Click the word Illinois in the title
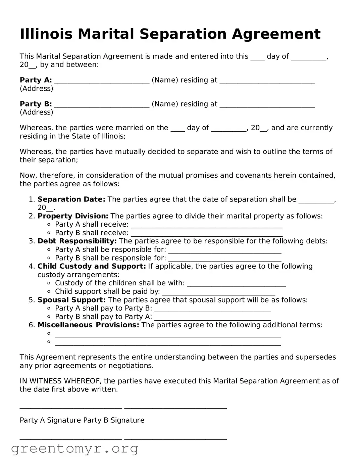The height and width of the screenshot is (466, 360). (46, 34)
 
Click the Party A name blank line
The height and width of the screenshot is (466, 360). (102, 81)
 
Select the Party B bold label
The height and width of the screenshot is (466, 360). (36, 104)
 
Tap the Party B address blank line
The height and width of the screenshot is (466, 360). (267, 105)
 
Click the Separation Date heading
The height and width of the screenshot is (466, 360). (71, 199)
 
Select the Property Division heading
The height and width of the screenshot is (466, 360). (73, 216)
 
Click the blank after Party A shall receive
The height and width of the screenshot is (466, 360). (206, 225)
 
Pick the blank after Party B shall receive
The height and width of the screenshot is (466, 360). (206, 234)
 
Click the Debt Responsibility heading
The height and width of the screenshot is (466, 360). (77, 241)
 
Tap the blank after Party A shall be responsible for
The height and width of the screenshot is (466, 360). (224, 250)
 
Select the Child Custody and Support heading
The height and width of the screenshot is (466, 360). (92, 266)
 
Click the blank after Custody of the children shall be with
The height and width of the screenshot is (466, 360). (236, 284)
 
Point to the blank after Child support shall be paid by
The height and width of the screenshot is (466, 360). (218, 292)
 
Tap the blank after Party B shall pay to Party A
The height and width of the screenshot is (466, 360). (212, 318)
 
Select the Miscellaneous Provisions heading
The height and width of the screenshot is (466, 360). (88, 325)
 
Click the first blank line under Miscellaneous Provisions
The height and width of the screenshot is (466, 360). (168, 334)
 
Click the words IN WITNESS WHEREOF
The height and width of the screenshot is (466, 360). (61, 381)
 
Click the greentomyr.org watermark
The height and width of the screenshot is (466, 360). (74, 449)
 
